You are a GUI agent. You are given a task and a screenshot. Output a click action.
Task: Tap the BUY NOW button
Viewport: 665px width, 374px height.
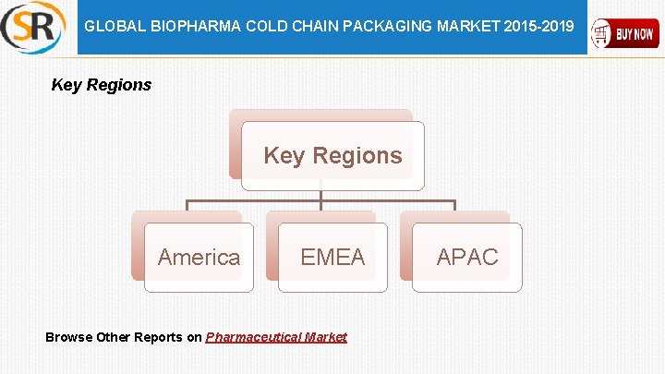pos(625,34)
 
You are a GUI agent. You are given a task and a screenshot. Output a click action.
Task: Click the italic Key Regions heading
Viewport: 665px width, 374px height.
pos(101,85)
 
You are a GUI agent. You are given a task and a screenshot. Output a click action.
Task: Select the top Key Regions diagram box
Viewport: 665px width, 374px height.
pos(332,155)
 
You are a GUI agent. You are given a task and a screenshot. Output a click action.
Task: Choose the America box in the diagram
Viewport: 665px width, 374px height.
pos(199,257)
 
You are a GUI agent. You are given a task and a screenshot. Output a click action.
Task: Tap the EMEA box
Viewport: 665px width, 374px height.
pos(332,257)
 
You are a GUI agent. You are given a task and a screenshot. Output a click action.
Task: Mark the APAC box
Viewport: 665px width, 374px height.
pos(466,257)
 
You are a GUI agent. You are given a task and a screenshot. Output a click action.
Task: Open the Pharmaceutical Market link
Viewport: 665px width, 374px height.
pos(276,337)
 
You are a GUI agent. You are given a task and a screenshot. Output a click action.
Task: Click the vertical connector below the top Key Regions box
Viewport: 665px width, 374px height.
pos(320,195)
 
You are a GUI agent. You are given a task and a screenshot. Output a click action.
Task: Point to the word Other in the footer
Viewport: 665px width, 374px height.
pos(114,337)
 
